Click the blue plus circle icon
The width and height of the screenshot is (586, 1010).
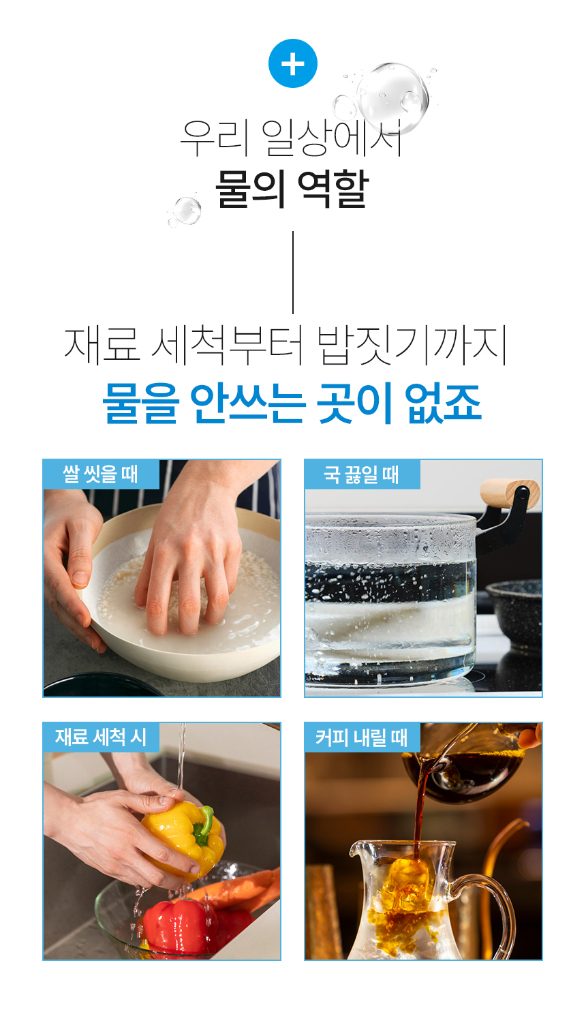tap(292, 63)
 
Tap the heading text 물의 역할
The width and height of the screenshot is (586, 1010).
tap(292, 189)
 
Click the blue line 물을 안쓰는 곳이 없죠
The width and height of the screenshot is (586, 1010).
tap(292, 403)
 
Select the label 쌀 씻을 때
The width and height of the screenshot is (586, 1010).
tap(101, 474)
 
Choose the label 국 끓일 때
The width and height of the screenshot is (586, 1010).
tap(362, 474)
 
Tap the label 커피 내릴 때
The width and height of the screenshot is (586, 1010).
tap(362, 737)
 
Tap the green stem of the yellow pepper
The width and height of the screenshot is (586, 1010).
tap(203, 827)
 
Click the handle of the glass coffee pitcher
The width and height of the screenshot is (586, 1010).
tap(487, 906)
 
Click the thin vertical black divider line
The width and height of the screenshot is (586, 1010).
tap(293, 273)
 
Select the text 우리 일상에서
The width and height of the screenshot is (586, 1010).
tap(291, 138)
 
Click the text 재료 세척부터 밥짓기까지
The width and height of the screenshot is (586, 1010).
tap(286, 346)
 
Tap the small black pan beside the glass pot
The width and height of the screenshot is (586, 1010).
tap(514, 613)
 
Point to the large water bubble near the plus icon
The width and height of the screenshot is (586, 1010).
tap(392, 97)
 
